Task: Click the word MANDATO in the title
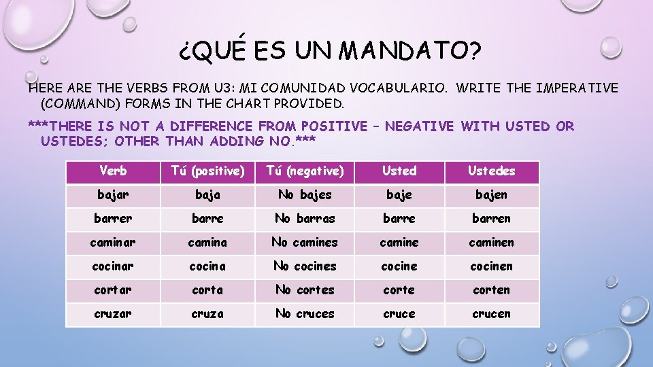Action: (x=410, y=49)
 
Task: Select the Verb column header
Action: (x=113, y=171)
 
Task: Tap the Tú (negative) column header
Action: (x=305, y=171)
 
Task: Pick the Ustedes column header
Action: (x=491, y=171)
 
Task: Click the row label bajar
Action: (x=113, y=195)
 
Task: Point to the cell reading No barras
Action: (x=305, y=219)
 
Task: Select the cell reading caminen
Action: (x=491, y=243)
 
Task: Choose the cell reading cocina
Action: (x=207, y=266)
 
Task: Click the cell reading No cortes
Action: (x=305, y=290)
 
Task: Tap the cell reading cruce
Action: (x=399, y=314)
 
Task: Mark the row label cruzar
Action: (x=113, y=314)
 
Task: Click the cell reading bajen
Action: (x=491, y=195)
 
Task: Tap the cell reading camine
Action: (x=399, y=243)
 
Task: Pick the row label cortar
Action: (x=113, y=290)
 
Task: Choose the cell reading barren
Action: (x=491, y=219)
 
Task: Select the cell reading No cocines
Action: (x=305, y=266)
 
